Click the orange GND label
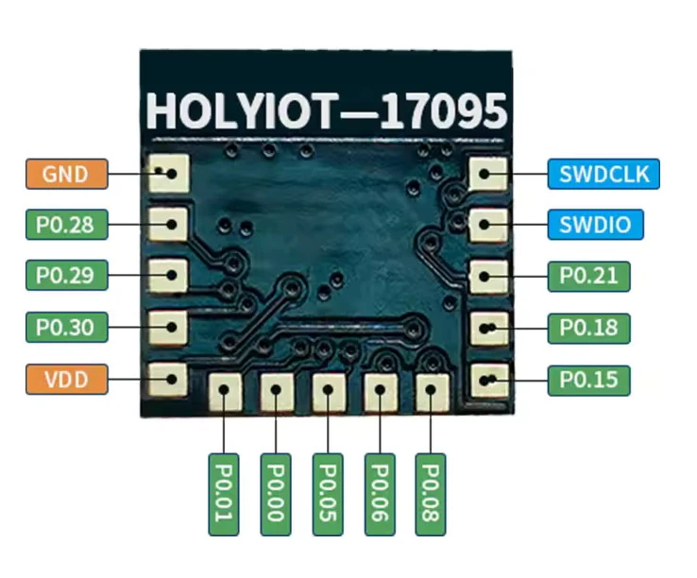click(x=65, y=174)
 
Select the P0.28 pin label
click(x=65, y=225)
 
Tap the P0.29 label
click(x=65, y=276)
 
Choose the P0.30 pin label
click(x=65, y=328)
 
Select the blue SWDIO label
click(x=595, y=225)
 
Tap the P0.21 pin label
click(x=588, y=276)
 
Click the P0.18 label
click(x=588, y=328)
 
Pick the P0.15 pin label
click(x=588, y=380)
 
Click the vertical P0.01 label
click(x=224, y=494)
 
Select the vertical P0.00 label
click(x=276, y=494)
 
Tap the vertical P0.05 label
click(x=328, y=494)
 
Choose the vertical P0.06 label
click(x=380, y=494)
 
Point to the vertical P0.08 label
click(x=431, y=494)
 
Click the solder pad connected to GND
click(x=170, y=174)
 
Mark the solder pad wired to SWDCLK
click(x=487, y=174)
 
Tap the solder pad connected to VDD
click(x=170, y=379)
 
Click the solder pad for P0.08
click(x=432, y=391)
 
